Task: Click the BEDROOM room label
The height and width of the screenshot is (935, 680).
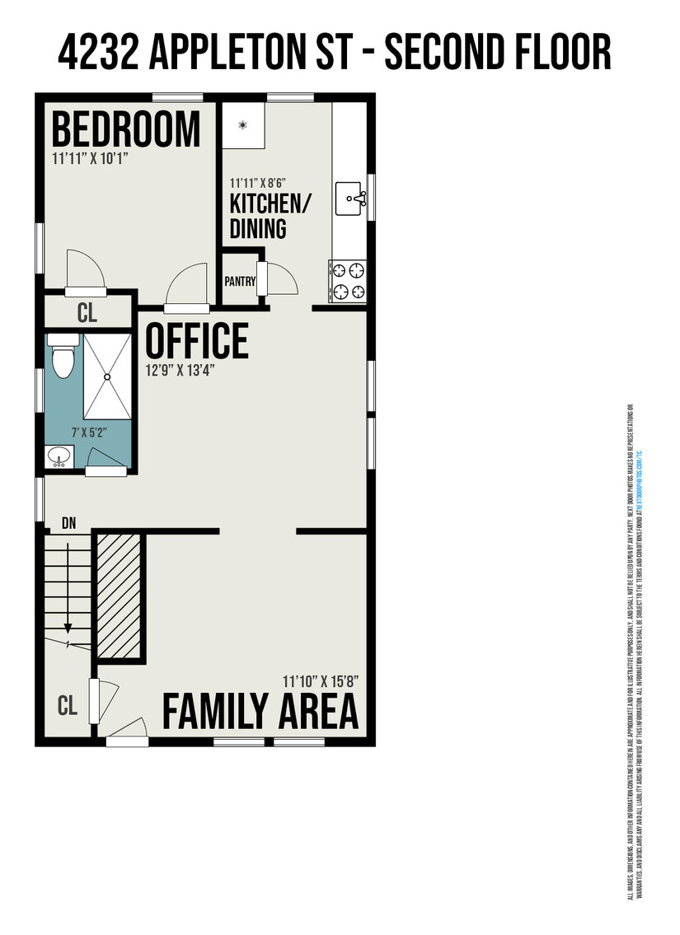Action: click(126, 130)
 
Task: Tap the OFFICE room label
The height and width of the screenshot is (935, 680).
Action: click(197, 340)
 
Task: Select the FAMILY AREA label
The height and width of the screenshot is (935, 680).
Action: click(260, 711)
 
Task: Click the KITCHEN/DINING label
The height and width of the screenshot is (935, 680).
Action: click(258, 217)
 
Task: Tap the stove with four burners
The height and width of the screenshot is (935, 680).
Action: click(347, 280)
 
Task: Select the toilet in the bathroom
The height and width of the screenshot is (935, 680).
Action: click(62, 356)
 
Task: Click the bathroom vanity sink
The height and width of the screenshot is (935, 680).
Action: click(59, 456)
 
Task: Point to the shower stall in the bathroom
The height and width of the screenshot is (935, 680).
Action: click(106, 375)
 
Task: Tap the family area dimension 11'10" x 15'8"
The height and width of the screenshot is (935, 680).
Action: click(320, 681)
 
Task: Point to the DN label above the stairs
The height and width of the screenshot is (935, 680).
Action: click(69, 521)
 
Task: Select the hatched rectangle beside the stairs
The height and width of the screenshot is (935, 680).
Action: click(120, 596)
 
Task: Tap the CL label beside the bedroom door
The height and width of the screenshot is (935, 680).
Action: click(87, 312)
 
